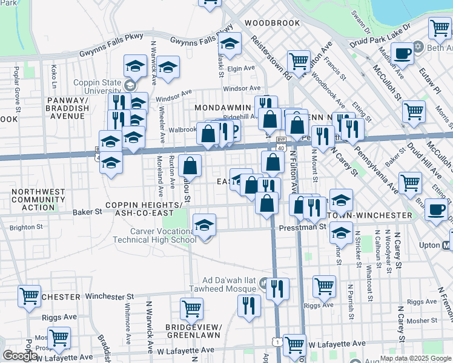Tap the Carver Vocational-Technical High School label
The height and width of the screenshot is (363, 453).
point(154,235)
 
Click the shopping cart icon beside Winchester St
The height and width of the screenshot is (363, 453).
point(29,296)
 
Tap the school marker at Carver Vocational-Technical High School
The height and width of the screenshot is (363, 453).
point(205,226)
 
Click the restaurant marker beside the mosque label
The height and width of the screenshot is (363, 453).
point(277,289)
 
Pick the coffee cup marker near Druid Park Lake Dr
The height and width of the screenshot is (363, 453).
point(402,53)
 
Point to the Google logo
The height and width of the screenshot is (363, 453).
point(20,356)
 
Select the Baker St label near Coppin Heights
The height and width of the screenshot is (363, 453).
point(87,212)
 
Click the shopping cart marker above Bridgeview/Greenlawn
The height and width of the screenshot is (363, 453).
point(191,309)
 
